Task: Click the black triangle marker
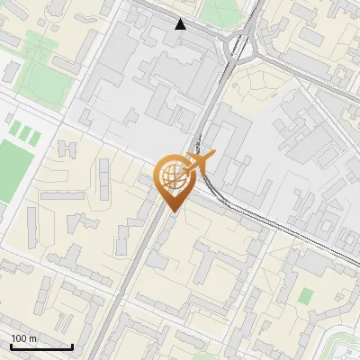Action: tap(181, 24)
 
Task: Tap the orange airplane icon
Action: tap(199, 164)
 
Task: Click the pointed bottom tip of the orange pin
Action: tap(173, 211)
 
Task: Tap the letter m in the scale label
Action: tap(33, 338)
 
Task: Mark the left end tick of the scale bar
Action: tap(11, 346)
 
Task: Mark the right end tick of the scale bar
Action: tap(72, 346)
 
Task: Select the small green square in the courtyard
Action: tap(306, 295)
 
